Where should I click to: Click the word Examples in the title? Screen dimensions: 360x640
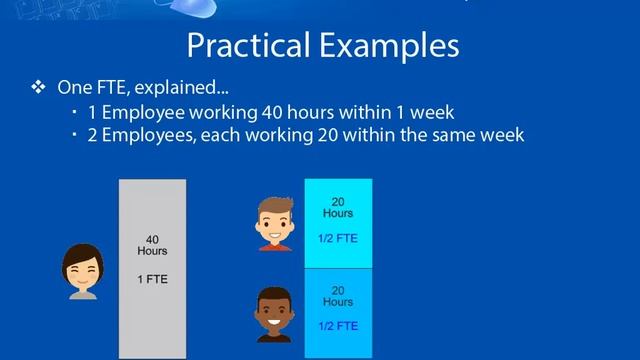pos(391,46)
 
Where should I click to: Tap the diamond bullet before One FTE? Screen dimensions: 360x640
pos(39,88)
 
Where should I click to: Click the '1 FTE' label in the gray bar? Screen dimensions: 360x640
pos(152,279)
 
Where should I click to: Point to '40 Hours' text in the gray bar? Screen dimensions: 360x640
pos(152,246)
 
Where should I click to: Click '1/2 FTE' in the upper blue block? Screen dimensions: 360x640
pos(337,239)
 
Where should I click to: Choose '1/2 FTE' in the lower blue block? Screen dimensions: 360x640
pos(337,326)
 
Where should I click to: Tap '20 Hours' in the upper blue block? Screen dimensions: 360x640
pos(337,206)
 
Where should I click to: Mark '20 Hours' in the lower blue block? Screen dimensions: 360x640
pos(337,295)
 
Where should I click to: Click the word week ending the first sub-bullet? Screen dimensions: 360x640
pos(433,111)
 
